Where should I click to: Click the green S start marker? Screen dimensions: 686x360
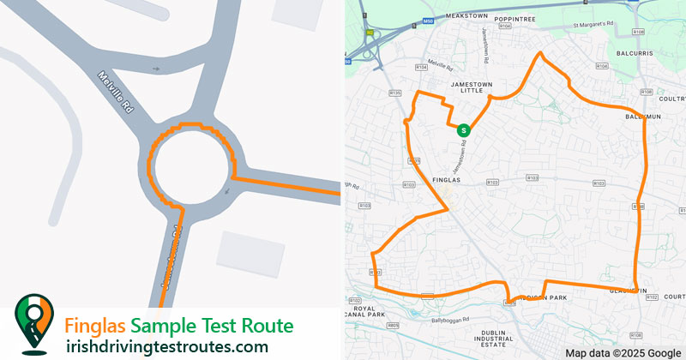click(464, 130)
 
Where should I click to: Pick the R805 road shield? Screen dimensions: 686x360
click(393, 326)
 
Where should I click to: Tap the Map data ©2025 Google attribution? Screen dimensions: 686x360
click(623, 352)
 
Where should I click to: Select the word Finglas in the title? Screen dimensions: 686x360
click(96, 327)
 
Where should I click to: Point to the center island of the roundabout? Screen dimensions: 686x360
click(190, 166)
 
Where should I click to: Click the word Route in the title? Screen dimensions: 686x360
click(262, 327)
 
